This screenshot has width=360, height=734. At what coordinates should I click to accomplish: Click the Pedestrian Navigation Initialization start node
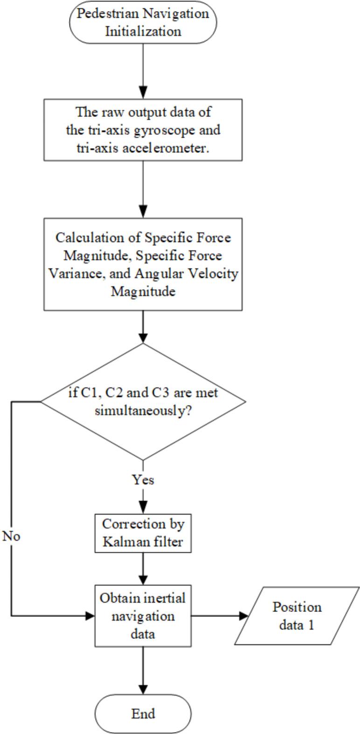click(143, 22)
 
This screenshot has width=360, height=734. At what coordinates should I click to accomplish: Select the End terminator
click(143, 713)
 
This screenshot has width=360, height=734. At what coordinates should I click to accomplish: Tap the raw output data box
click(143, 129)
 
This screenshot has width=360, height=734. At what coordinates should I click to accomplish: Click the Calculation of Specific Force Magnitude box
click(143, 264)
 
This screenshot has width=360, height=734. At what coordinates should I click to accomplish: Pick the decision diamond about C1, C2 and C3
click(143, 401)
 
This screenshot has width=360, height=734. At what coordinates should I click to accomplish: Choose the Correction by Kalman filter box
click(143, 533)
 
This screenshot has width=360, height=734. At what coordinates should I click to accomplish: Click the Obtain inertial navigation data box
click(143, 616)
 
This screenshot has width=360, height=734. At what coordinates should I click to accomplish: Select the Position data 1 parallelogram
click(297, 616)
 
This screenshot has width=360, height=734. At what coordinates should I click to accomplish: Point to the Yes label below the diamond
click(143, 480)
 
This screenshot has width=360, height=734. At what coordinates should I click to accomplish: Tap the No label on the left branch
click(11, 536)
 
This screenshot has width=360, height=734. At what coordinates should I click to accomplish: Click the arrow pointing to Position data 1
click(219, 616)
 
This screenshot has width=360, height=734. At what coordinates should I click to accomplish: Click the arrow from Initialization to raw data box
click(143, 70)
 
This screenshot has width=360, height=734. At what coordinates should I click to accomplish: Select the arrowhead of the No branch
click(90, 616)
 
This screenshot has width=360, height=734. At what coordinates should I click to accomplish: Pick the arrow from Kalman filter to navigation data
click(143, 569)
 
